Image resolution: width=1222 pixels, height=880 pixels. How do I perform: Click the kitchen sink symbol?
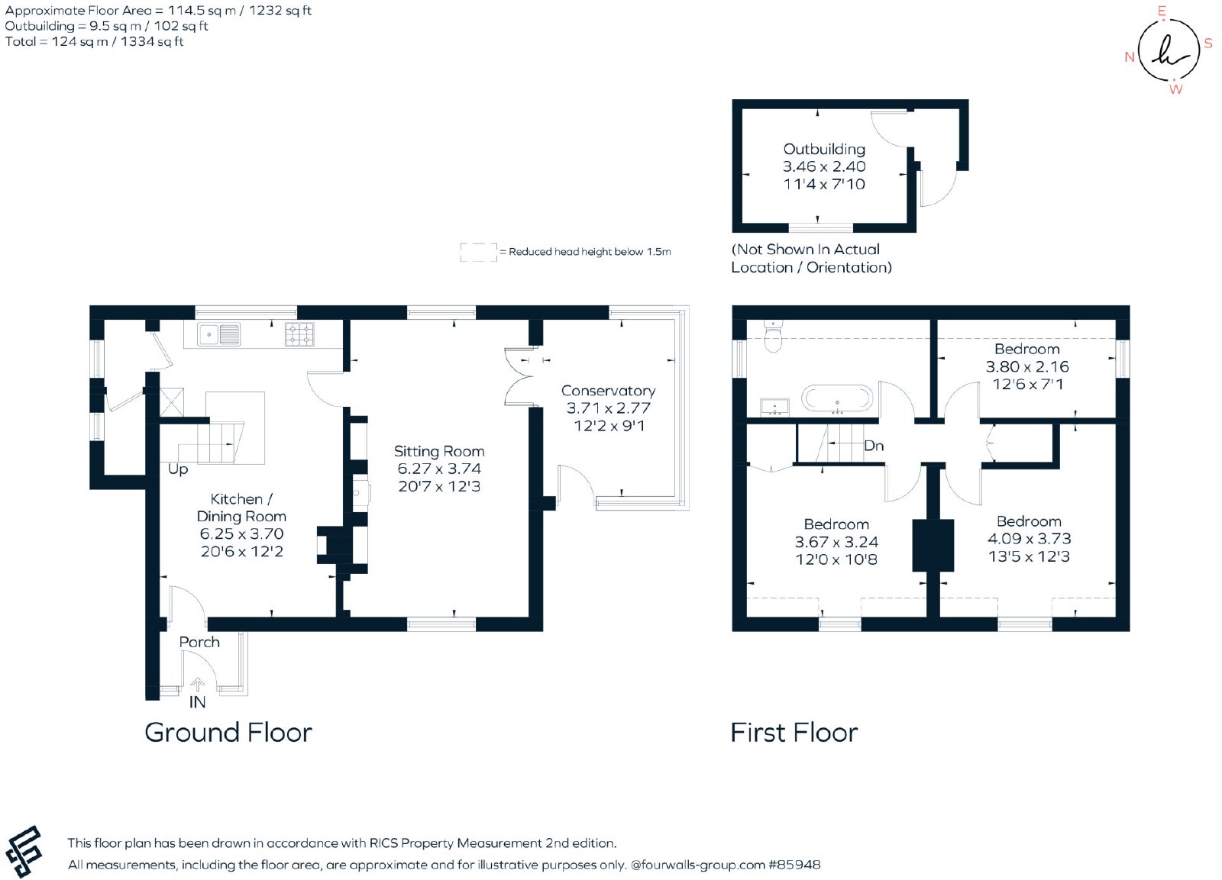(218, 334)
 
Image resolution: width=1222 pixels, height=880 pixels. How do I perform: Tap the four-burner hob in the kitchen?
(299, 334)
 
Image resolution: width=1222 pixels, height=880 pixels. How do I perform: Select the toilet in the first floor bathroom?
(773, 336)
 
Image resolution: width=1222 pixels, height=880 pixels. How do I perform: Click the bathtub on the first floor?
(837, 398)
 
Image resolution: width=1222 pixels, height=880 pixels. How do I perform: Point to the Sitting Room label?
(439, 452)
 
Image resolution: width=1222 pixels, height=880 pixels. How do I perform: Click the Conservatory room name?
(608, 391)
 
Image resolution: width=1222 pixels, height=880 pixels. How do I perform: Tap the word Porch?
(199, 643)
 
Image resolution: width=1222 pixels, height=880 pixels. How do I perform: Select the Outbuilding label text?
(824, 150)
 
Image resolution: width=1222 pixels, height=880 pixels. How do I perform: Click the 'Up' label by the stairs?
(178, 469)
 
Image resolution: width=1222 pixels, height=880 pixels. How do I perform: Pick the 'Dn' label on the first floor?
(874, 446)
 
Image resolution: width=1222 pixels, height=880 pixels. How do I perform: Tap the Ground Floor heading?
(228, 732)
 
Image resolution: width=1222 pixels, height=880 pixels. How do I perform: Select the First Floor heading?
(794, 732)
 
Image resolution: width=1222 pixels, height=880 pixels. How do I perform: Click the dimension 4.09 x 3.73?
(1030, 539)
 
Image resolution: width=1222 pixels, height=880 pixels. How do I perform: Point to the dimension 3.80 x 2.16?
(1027, 366)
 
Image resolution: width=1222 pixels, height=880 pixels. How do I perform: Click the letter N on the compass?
(1130, 56)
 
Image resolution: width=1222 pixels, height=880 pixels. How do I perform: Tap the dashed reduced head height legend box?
(478, 252)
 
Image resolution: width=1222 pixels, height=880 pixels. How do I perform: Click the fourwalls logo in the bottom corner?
(24, 851)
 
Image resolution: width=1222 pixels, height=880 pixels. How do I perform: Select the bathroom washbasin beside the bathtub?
(774, 407)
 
